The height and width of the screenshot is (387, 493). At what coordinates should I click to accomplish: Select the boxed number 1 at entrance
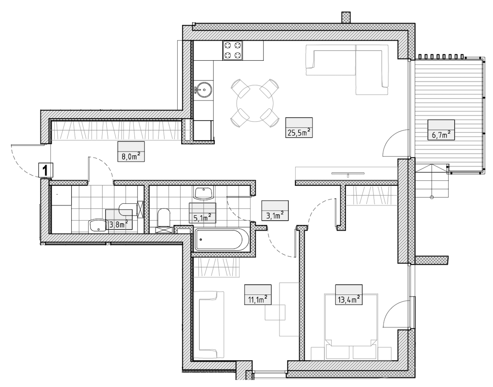pyautogui.click(x=46, y=170)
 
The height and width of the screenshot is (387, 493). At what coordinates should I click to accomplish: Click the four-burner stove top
pyautogui.click(x=232, y=50)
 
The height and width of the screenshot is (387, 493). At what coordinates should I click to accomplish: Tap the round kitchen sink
pyautogui.click(x=203, y=90)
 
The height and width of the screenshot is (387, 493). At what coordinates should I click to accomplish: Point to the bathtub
pyautogui.click(x=220, y=239)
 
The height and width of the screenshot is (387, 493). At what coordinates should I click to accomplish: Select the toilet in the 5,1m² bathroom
pyautogui.click(x=164, y=218)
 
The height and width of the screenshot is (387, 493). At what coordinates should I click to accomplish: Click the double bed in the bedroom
pyautogui.click(x=351, y=327)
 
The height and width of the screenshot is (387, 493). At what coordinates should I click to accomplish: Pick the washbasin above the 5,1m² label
pyautogui.click(x=203, y=193)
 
